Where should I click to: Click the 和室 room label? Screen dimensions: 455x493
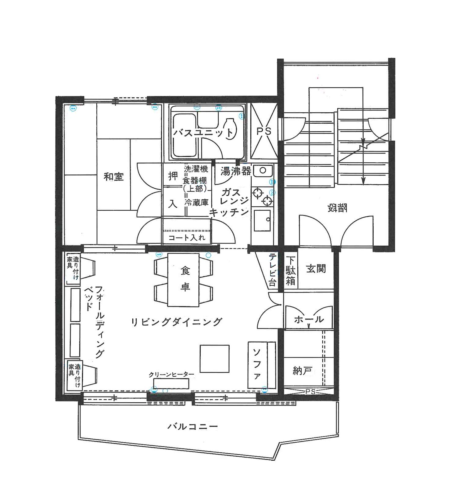pyautogui.click(x=114, y=177)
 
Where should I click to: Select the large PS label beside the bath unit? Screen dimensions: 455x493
pyautogui.click(x=264, y=131)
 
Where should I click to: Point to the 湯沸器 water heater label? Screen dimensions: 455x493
pyautogui.click(x=236, y=171)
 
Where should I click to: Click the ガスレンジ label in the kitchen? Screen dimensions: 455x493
pyautogui.click(x=234, y=197)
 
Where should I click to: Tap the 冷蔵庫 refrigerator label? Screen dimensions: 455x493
pyautogui.click(x=196, y=202)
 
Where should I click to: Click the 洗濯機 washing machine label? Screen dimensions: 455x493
pyautogui.click(x=196, y=169)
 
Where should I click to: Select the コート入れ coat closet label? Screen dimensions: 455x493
pyautogui.click(x=187, y=237)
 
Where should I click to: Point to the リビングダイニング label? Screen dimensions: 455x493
pyautogui.click(x=177, y=322)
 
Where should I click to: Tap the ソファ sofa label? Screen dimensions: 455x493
pyautogui.click(x=257, y=364)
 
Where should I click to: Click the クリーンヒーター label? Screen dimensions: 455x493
pyautogui.click(x=171, y=374)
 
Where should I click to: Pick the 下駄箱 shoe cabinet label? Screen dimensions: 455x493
pyautogui.click(x=290, y=271)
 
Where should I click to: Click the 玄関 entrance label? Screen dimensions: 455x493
pyautogui.click(x=316, y=269)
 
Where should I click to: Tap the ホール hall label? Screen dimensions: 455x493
pyautogui.click(x=309, y=320)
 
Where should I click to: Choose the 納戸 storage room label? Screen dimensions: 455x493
pyautogui.click(x=302, y=371)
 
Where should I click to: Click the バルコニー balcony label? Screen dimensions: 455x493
pyautogui.click(x=193, y=426)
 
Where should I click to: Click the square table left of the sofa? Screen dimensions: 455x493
pyautogui.click(x=214, y=359)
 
